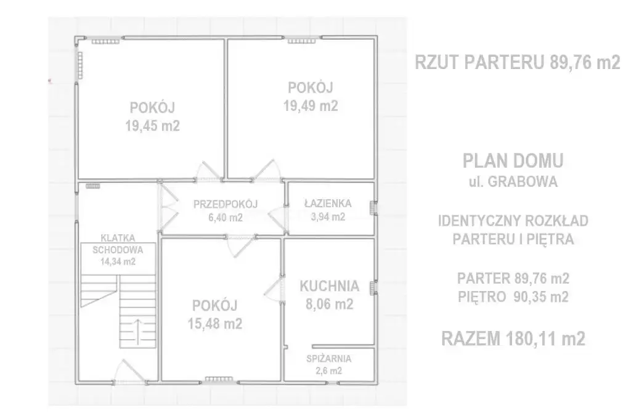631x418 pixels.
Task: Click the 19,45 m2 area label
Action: click(x=152, y=126)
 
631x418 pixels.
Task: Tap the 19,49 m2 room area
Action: click(x=311, y=106)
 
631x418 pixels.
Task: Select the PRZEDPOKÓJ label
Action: click(x=226, y=204)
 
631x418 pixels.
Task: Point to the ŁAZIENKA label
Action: click(x=328, y=203)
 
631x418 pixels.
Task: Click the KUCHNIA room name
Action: click(x=329, y=286)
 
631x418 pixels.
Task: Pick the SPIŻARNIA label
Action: click(x=329, y=358)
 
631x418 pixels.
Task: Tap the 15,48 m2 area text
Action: click(x=215, y=324)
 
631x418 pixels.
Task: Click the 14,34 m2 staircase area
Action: click(x=118, y=262)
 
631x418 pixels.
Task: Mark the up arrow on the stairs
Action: click(x=137, y=332)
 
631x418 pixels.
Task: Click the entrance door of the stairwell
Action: click(x=129, y=372)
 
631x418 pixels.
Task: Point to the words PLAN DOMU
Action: click(x=513, y=161)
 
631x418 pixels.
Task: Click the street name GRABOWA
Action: click(x=523, y=182)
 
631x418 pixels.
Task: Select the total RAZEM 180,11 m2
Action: click(x=513, y=338)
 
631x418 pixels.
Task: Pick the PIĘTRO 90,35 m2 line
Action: click(x=513, y=297)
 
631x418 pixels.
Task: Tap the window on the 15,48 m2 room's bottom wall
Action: click(x=219, y=379)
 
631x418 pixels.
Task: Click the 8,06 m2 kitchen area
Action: click(x=329, y=304)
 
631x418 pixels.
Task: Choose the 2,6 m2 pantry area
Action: click(x=329, y=371)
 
